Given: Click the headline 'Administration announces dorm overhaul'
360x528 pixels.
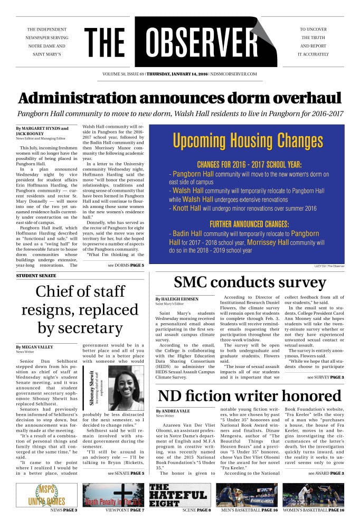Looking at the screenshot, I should pyautogui.click(x=180, y=98).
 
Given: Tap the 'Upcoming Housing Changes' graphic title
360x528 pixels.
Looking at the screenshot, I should pyautogui.click(x=248, y=140).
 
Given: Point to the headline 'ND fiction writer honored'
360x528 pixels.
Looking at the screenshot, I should pyautogui.click(x=257, y=395).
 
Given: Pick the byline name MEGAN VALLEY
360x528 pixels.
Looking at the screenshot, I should pyautogui.click(x=38, y=346).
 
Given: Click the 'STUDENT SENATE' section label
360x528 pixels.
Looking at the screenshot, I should pyautogui.click(x=35, y=276).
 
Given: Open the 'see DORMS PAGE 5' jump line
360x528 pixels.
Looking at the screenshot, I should pyautogui.click(x=126, y=265).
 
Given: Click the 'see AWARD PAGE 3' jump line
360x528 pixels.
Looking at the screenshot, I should pyautogui.click(x=326, y=473).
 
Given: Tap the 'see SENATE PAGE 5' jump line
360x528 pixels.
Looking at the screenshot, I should pyautogui.click(x=126, y=473).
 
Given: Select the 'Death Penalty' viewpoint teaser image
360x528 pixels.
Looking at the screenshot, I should pyautogui.click(x=113, y=495).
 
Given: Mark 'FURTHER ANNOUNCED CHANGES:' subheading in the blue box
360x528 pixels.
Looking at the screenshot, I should pyautogui.click(x=249, y=223).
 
